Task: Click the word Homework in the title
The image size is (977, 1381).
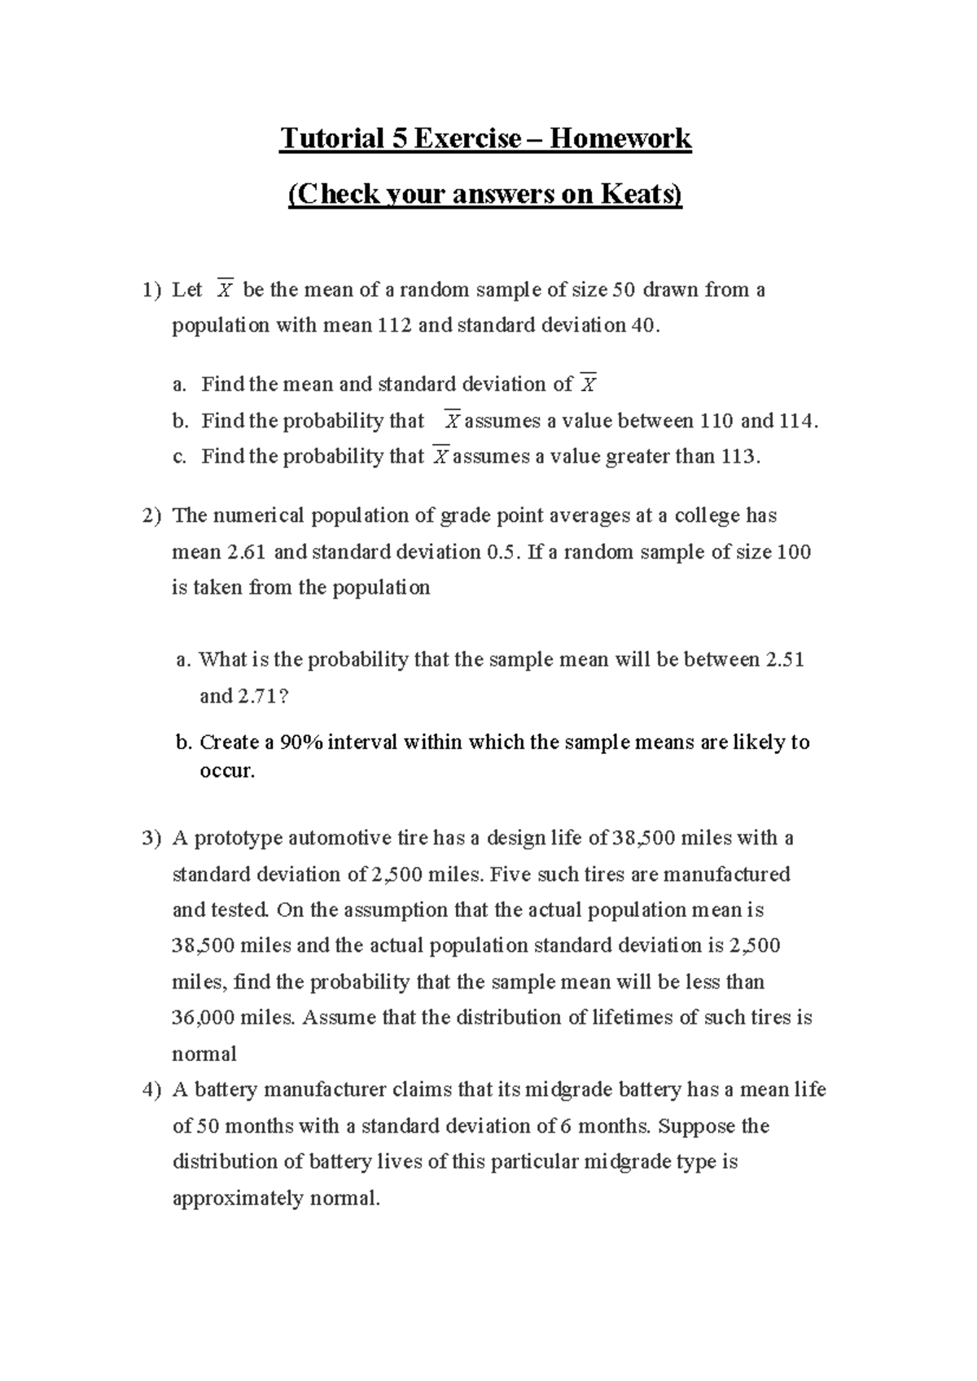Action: (620, 138)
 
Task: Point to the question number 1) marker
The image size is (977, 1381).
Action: (151, 290)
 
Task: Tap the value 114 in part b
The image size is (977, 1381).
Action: (795, 421)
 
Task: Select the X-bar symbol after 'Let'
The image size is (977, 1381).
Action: (226, 290)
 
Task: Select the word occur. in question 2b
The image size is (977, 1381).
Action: (227, 770)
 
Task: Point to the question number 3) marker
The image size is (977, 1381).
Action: (151, 839)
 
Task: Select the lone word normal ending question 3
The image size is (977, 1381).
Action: (204, 1054)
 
